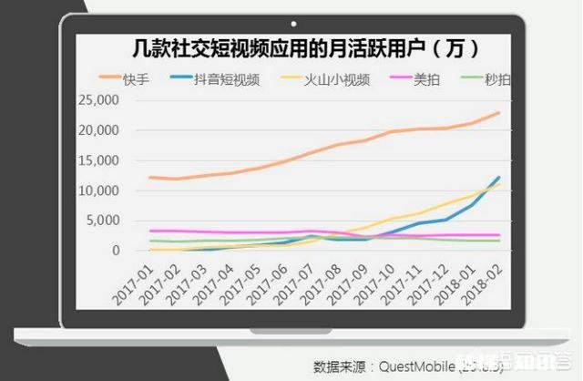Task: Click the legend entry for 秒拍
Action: (x=496, y=78)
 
